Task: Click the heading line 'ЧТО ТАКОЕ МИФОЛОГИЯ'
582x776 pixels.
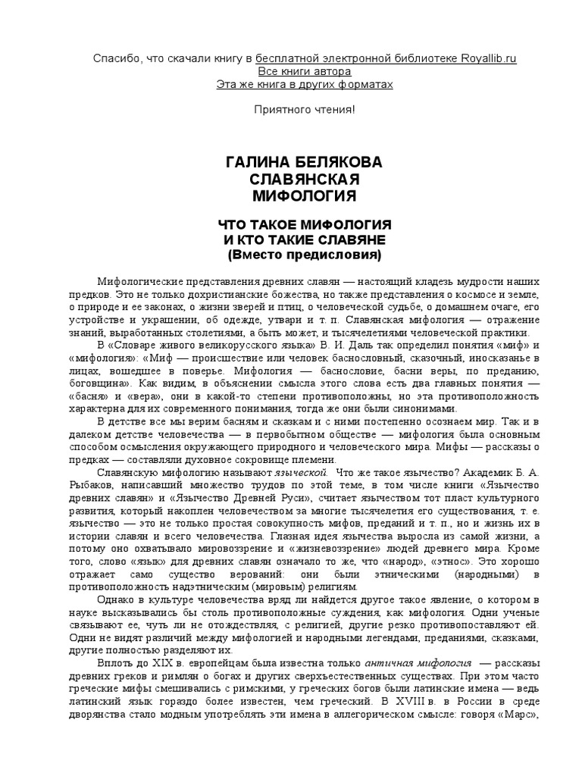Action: [304, 225]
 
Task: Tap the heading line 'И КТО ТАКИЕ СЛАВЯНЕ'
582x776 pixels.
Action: [304, 239]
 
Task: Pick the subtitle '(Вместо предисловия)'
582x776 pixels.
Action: [304, 254]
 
